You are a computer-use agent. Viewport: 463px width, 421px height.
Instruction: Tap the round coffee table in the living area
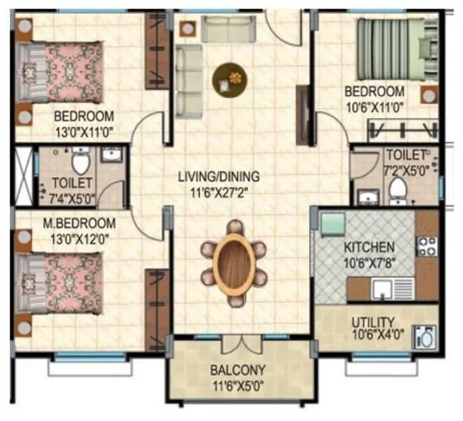pyautogui.click(x=230, y=76)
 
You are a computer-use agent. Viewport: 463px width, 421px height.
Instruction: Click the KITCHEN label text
pyautogui.click(x=369, y=248)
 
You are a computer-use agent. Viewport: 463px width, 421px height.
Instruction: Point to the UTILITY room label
pyautogui.click(x=373, y=323)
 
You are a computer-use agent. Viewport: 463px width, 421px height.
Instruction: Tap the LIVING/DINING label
pyautogui.click(x=219, y=176)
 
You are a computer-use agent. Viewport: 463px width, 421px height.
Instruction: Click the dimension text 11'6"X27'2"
pyautogui.click(x=219, y=190)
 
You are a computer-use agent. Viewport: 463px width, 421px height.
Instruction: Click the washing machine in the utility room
pyautogui.click(x=425, y=337)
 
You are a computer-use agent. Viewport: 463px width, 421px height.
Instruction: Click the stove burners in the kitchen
pyautogui.click(x=426, y=246)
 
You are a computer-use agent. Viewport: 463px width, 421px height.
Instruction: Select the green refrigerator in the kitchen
pyautogui.click(x=332, y=225)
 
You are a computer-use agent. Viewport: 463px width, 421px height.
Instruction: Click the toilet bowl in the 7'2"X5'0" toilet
pyautogui.click(x=398, y=189)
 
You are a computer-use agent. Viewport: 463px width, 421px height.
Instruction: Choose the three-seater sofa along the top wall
pyautogui.click(x=228, y=29)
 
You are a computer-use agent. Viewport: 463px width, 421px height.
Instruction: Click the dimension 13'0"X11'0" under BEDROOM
pyautogui.click(x=84, y=130)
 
